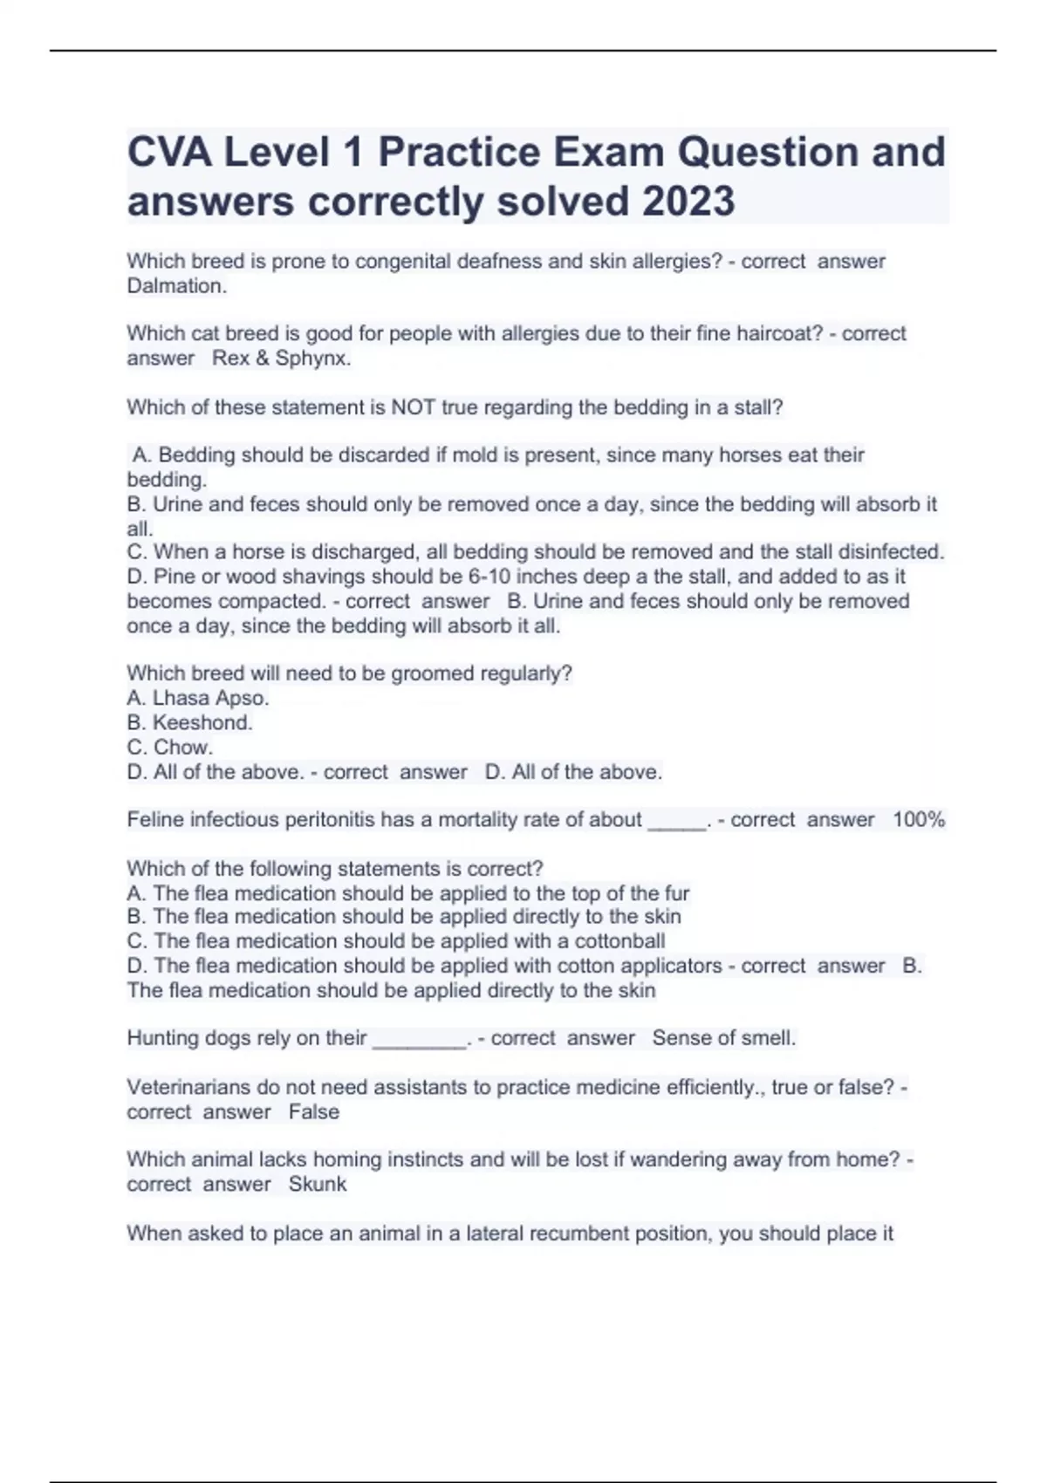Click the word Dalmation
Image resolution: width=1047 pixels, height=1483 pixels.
pos(177,286)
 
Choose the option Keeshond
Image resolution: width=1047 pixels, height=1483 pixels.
pos(202,722)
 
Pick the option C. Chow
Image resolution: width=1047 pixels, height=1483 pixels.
pos(170,748)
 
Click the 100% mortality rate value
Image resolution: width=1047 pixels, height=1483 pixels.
pos(919,820)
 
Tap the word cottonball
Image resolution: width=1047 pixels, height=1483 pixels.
pos(619,941)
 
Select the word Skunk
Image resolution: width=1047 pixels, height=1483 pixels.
pos(318,1185)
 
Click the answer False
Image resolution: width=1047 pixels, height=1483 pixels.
pos(314,1112)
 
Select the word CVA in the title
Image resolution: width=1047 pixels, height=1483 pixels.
pos(169,153)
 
